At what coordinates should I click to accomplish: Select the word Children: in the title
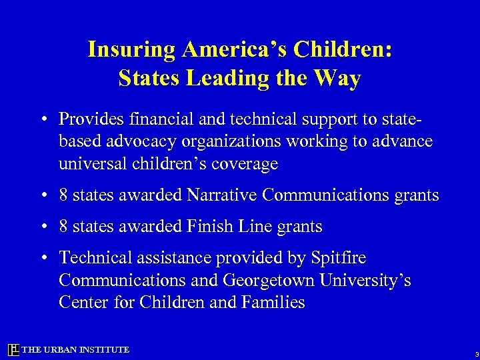(x=341, y=49)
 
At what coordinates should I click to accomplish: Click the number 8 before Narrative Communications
(x=63, y=195)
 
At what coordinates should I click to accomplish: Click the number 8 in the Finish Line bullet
(x=63, y=227)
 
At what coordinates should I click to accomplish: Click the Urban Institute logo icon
(x=13, y=350)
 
